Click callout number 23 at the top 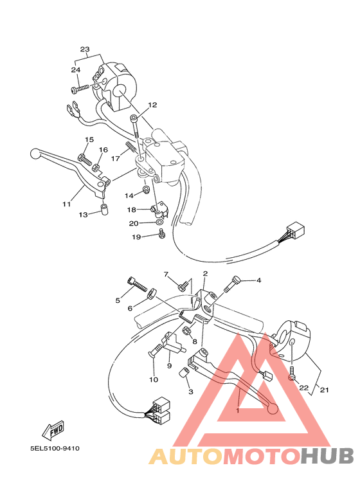85,50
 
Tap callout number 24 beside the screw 75,70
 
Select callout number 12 152,105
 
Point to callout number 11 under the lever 66,204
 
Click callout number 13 83,214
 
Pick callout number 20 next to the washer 133,224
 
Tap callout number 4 258,280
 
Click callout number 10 154,379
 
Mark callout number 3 190,391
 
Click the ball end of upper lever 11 35,154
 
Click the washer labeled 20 159,223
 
